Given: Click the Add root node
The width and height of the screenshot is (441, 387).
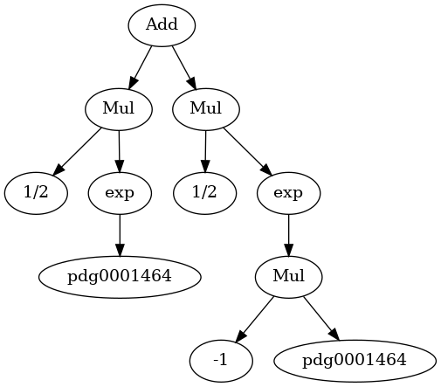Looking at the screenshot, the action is point(162,25).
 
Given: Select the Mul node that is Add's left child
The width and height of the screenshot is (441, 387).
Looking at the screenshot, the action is point(119,109).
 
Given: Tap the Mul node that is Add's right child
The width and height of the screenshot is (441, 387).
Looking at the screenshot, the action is point(206,109).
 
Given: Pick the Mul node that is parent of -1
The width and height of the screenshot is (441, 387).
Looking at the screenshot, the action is point(289,277).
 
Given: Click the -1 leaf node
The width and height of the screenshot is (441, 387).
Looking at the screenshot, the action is point(221,361).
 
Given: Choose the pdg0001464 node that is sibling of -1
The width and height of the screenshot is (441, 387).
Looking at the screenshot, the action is point(355,361).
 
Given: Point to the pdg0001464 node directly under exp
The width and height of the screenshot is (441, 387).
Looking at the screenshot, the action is point(120,277).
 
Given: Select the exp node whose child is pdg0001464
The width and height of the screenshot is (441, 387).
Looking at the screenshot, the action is point(120,193).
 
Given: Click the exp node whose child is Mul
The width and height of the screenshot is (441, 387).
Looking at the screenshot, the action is point(288,193).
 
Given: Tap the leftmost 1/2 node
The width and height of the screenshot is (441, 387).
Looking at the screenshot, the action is point(36,193).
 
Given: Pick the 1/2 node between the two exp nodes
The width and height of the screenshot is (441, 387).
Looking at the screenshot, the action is point(204,193).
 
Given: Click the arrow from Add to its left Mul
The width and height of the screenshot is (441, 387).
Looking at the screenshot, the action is point(141,67).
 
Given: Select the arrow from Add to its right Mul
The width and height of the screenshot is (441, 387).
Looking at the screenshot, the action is point(184,67).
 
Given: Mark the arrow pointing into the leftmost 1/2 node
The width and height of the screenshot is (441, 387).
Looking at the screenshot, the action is point(77,152).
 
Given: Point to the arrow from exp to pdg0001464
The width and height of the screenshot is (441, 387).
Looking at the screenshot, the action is point(120,235).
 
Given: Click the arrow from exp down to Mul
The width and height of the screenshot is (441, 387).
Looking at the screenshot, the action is point(288,235).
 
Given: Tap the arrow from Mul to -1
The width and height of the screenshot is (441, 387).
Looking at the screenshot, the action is point(254,319).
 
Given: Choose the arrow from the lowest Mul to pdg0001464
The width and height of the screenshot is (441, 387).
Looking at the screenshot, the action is point(321,319).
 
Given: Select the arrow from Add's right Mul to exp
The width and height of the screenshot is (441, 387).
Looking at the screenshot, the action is point(247,152).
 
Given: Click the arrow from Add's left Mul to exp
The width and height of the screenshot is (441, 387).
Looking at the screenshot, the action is point(119,151).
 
